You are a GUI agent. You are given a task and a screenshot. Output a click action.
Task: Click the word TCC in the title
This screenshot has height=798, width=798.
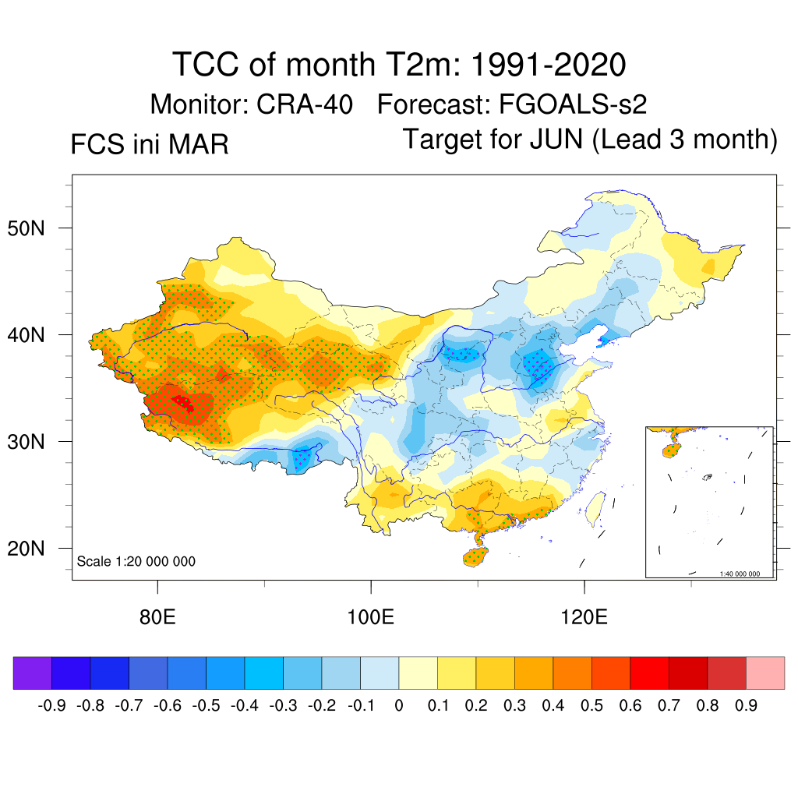coord(207,64)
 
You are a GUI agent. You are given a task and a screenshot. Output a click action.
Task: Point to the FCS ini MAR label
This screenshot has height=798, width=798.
coord(150,145)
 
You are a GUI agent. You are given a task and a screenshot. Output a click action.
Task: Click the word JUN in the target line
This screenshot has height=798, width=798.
coord(556,140)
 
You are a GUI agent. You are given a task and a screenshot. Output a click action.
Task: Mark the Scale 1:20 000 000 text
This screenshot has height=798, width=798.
coord(136,562)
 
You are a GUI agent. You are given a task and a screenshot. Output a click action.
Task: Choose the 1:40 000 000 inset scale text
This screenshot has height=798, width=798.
coord(745,574)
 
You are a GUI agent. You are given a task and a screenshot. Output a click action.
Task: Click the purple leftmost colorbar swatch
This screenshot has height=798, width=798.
coord(33,673)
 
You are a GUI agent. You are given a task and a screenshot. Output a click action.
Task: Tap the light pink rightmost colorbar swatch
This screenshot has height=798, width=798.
coord(765,673)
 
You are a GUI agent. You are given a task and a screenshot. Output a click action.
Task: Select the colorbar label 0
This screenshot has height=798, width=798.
coord(399,706)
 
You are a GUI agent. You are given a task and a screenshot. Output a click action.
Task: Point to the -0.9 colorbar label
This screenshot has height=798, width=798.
coord(52,706)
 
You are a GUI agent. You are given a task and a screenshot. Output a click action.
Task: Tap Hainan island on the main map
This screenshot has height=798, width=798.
coord(476,556)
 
